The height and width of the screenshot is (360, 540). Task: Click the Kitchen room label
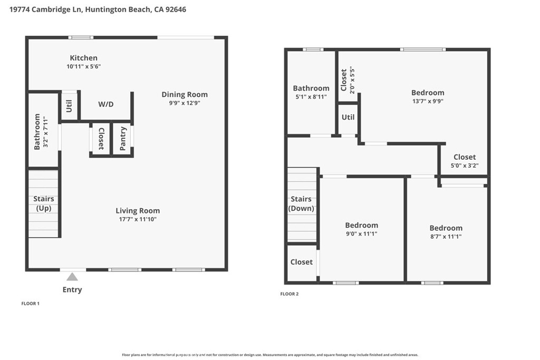coord(84,58)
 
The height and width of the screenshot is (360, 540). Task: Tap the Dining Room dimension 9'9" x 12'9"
coord(185,103)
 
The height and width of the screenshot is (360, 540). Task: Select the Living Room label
coord(138,211)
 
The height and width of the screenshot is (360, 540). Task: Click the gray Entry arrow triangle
coord(72,277)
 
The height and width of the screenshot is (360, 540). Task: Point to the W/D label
coord(105,104)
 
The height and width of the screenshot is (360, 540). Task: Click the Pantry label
coord(123,139)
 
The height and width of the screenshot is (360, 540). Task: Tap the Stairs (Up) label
coord(44,203)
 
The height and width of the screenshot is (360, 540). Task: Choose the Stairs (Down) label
coord(301,203)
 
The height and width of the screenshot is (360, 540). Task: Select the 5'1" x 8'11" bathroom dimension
coord(311,96)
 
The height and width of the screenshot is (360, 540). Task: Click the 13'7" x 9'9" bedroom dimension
coord(428,101)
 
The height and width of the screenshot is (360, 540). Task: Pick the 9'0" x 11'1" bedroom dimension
coord(362,233)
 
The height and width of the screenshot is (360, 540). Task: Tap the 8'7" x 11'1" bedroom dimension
coord(446,237)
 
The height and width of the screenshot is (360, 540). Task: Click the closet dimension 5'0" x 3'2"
coord(465,166)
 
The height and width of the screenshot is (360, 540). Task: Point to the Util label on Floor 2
coord(348,117)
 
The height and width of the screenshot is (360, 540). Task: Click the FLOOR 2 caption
coord(290,294)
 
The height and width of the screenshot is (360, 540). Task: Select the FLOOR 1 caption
coord(30,304)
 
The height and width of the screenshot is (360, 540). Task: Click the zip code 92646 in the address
coord(176,9)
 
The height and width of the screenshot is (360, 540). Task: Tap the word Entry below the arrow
coord(72,290)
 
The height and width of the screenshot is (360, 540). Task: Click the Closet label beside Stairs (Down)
coord(302,262)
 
